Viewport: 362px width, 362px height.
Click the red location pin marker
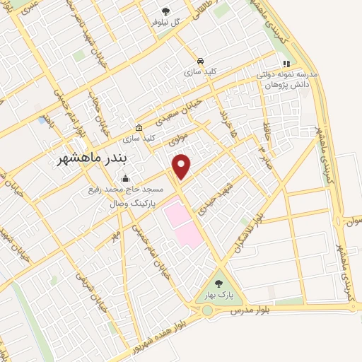tap(182, 165)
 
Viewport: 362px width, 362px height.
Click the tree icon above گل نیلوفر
tap(165, 11)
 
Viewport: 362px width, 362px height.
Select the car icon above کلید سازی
tap(202, 61)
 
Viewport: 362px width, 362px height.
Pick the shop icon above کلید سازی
tap(139, 128)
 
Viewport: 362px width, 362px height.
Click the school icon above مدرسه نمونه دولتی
tap(306, 64)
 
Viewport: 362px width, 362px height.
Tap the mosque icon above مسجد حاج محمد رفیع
tap(125, 179)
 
